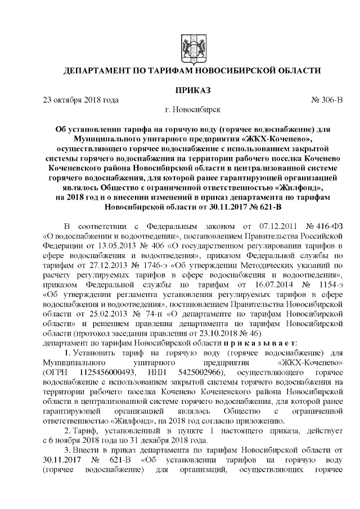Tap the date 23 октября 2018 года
click(x=81, y=100)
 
